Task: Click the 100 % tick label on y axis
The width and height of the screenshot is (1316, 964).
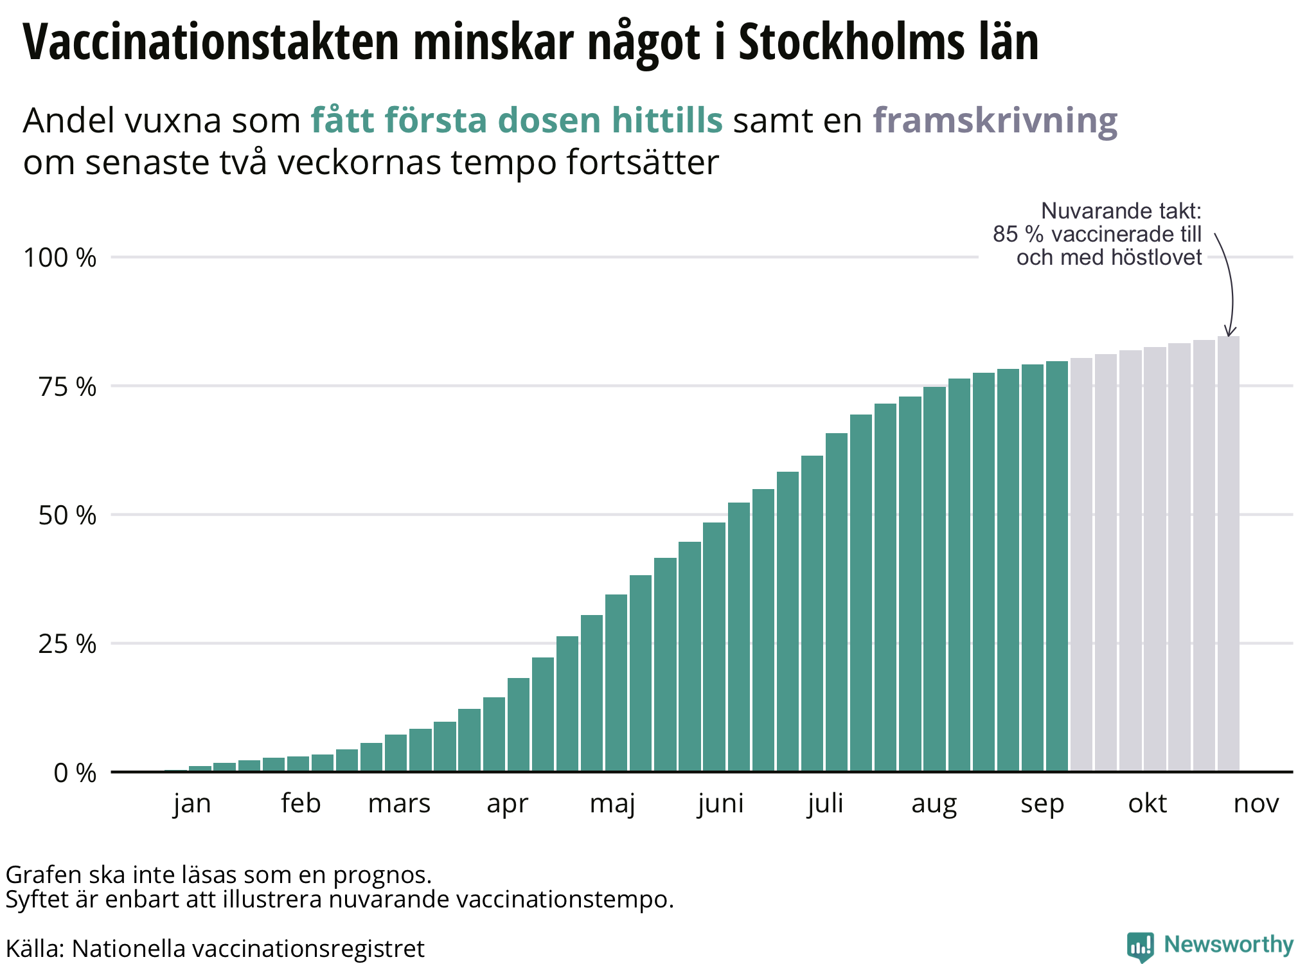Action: coord(60,258)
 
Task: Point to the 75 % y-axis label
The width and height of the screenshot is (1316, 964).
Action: coord(67,387)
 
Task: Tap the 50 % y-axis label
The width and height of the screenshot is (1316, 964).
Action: coord(67,515)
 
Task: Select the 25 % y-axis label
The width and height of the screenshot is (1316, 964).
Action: coord(67,644)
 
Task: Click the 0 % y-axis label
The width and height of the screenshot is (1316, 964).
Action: coord(75,773)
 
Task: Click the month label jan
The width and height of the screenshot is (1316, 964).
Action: coord(192,803)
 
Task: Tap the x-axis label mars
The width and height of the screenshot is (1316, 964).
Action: coord(399,803)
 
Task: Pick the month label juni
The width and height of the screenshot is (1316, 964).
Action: coord(721,803)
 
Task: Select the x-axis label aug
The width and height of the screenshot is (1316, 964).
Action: coord(934,803)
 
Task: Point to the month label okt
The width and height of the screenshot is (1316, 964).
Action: coord(1148,803)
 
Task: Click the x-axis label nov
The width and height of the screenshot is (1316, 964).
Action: coord(1256,803)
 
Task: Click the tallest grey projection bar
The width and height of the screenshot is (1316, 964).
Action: coord(1228,553)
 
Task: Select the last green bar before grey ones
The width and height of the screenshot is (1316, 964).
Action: coord(1057,566)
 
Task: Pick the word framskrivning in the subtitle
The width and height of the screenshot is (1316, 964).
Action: coord(995,120)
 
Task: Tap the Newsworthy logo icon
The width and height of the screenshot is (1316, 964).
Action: coord(1140,946)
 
